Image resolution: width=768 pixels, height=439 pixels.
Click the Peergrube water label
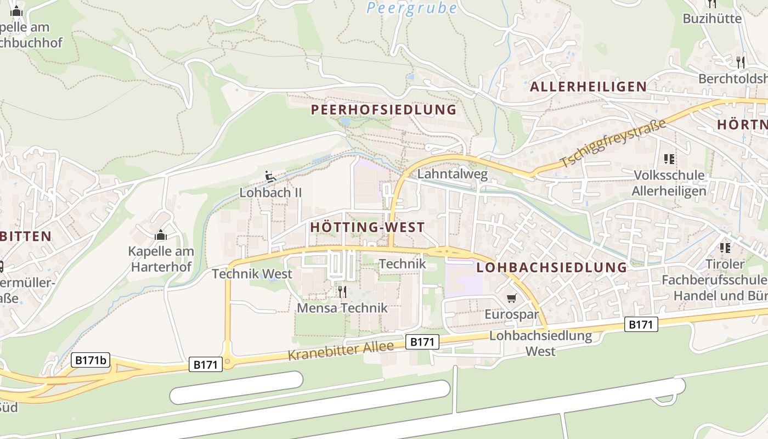pyautogui.click(x=412, y=8)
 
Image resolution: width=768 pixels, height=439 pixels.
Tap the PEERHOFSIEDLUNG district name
pyautogui.click(x=383, y=110)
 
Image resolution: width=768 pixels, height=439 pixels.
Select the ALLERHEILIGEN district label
pyautogui.click(x=588, y=87)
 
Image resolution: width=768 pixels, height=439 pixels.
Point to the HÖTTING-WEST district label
pyautogui.click(x=367, y=227)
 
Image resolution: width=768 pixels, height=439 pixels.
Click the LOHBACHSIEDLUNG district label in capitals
pyautogui.click(x=551, y=267)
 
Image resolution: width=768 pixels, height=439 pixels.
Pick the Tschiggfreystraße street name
pyautogui.click(x=613, y=143)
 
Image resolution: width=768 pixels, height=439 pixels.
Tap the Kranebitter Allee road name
pyautogui.click(x=341, y=351)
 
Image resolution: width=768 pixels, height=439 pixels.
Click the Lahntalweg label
pyautogui.click(x=453, y=175)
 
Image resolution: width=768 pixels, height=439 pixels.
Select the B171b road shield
pyautogui.click(x=91, y=360)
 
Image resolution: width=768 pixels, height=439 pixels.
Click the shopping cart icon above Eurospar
pyautogui.click(x=511, y=298)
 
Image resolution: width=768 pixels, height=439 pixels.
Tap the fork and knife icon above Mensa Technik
pyautogui.click(x=342, y=291)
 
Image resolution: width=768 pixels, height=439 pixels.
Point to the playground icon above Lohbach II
pyautogui.click(x=270, y=176)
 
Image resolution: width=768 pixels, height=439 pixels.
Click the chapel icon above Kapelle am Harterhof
pyautogui.click(x=161, y=235)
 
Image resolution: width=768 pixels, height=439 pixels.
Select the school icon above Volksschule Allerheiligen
pyautogui.click(x=669, y=159)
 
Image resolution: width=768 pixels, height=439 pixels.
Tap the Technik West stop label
pyautogui.click(x=252, y=273)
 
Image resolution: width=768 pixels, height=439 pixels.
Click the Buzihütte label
pyautogui.click(x=712, y=19)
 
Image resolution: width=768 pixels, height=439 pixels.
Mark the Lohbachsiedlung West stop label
pyautogui.click(x=540, y=343)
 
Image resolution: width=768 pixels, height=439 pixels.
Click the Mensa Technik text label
pyautogui.click(x=342, y=308)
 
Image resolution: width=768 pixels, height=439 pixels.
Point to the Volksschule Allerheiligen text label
pyautogui.click(x=669, y=183)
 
